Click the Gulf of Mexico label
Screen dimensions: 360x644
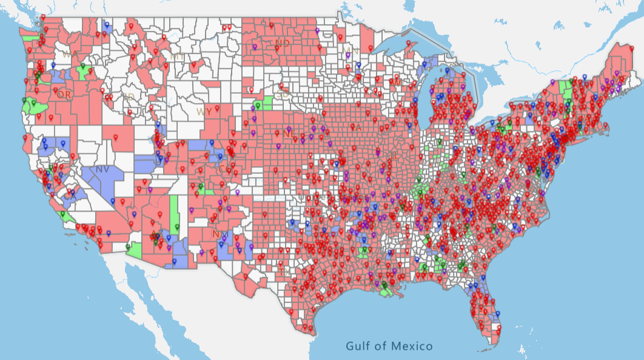coord(389,346)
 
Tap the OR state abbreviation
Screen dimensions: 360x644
coord(61,95)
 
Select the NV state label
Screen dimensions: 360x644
coord(102,170)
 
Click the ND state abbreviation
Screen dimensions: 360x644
coord(283,42)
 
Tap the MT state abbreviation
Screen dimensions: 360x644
coord(177,56)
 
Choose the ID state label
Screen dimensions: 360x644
coord(128,96)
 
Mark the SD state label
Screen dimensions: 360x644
coord(282,95)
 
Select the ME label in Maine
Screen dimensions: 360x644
coord(620,79)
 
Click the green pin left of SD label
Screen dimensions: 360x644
coord(258,105)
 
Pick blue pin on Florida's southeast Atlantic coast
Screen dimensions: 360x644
coord(497,314)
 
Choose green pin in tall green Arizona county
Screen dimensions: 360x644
coord(177,227)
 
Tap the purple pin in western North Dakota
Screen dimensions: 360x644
coord(255,47)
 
